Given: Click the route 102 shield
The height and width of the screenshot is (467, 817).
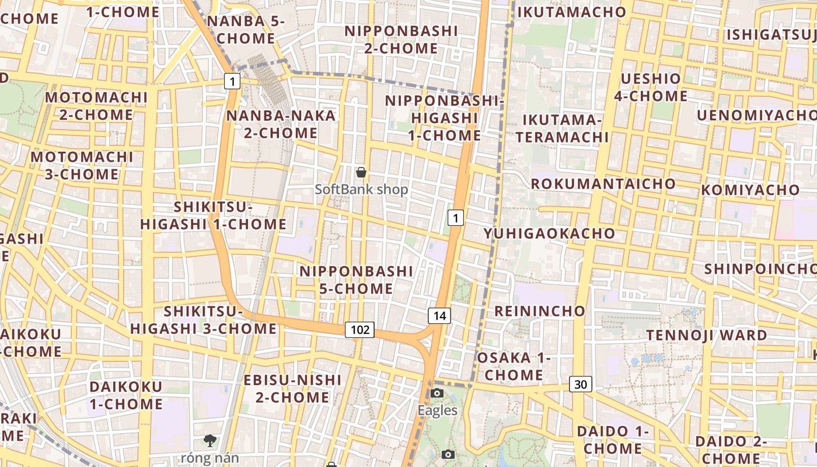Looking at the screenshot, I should point(359,330).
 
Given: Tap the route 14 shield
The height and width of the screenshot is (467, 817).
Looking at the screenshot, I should point(439,316).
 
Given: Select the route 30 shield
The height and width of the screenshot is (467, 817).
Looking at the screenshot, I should point(580,384).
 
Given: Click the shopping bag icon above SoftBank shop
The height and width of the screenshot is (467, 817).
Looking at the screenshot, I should point(361,172).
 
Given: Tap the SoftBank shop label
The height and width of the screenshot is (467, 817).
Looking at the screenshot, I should point(361,190).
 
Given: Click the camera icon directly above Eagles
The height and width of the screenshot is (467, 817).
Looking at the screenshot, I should point(437,393).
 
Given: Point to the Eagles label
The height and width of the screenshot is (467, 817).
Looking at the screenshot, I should point(437,410).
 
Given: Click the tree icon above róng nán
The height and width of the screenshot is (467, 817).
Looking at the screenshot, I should point(210,441).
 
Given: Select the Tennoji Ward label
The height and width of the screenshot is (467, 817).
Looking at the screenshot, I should point(706,335).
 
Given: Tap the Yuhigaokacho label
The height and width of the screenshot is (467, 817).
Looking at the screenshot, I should point(549,233).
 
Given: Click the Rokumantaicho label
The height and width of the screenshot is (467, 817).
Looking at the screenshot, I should point(603,184).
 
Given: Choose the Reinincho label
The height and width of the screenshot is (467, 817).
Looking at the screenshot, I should point(539,311).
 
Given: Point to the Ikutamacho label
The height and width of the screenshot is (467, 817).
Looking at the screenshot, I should point(571,12).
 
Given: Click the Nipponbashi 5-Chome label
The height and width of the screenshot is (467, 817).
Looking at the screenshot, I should point(356,280).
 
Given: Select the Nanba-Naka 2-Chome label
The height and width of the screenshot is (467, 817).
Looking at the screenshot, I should point(281,124).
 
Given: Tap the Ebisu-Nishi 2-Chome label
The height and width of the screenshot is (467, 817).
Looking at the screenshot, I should point(292,388).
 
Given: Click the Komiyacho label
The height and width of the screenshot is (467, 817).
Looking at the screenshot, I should point(750,190).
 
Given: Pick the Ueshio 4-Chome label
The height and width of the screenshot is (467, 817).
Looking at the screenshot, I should point(651,87).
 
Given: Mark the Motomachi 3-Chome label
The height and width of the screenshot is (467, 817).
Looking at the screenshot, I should point(82,165).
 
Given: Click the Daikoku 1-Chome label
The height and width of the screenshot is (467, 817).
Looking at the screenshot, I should point(125,395).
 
